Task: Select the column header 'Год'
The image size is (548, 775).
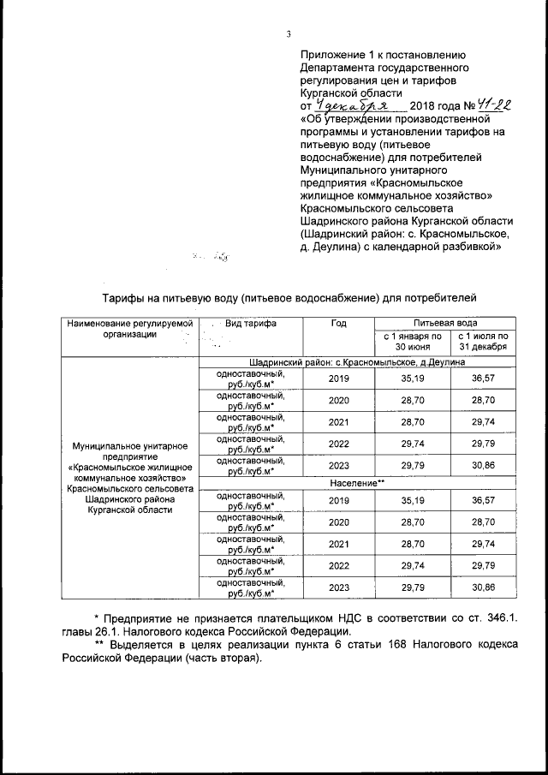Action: tap(338, 324)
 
